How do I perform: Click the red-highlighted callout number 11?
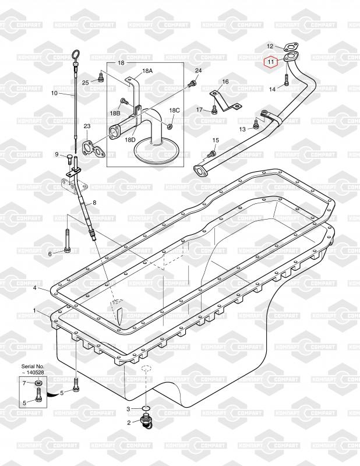[270, 62]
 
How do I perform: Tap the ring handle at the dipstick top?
[76, 55]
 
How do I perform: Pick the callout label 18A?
[147, 70]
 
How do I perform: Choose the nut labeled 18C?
[168, 126]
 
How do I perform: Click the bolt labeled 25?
[100, 79]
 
